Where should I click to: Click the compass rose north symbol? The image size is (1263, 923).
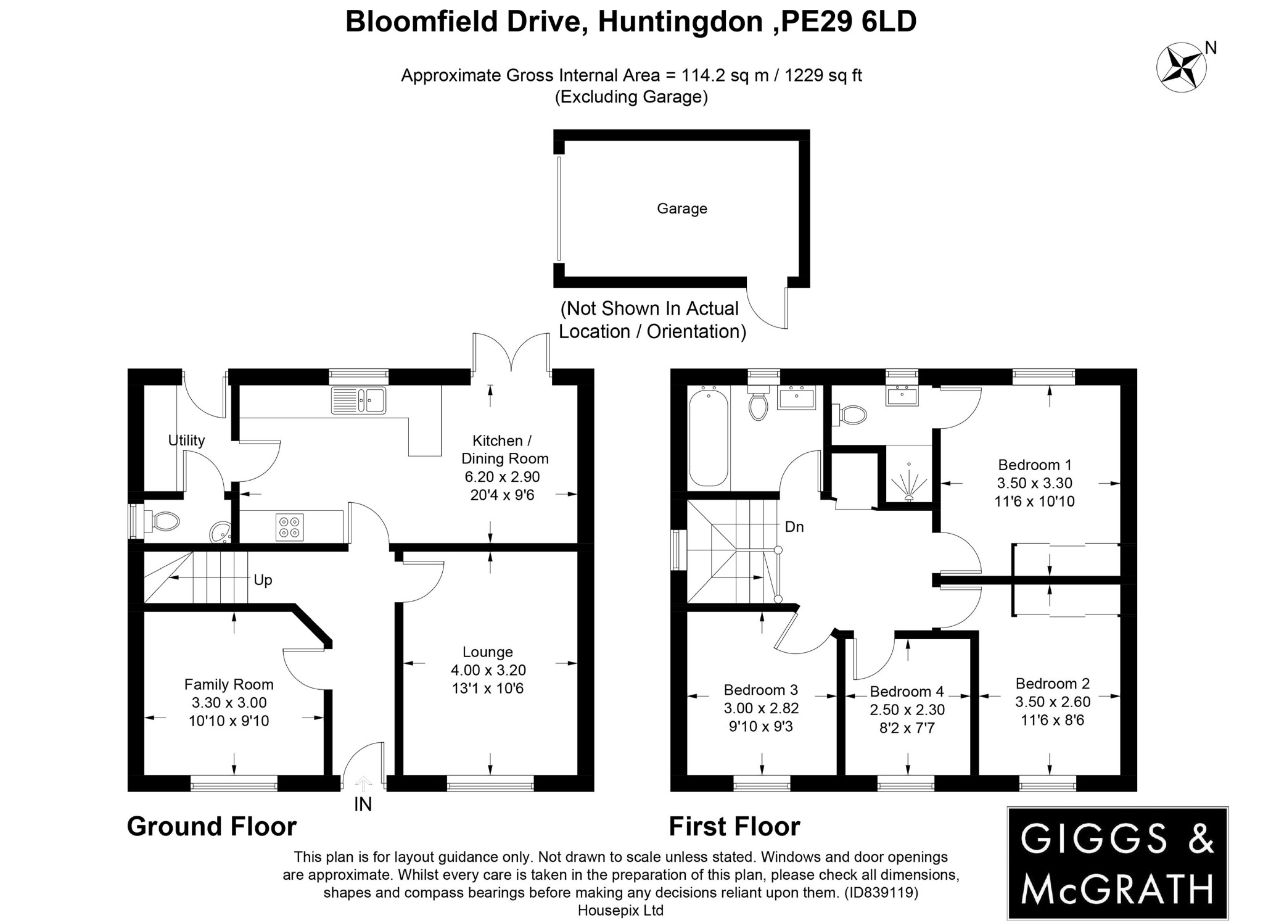pyautogui.click(x=1181, y=67)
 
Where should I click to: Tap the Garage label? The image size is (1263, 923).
pyautogui.click(x=681, y=209)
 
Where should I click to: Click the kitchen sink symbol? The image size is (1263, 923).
pyautogui.click(x=358, y=400)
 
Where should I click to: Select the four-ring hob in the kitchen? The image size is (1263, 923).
pyautogui.click(x=290, y=527)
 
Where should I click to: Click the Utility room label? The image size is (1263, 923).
pyautogui.click(x=186, y=441)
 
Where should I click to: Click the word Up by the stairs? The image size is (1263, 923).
pyautogui.click(x=263, y=580)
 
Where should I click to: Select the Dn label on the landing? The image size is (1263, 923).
pyautogui.click(x=794, y=527)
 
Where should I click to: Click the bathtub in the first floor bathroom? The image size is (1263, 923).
pyautogui.click(x=709, y=436)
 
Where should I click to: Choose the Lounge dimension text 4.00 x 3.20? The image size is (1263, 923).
pyautogui.click(x=488, y=670)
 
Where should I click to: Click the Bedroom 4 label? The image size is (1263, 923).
pyautogui.click(x=907, y=692)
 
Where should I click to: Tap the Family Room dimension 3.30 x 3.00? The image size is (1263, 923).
pyautogui.click(x=229, y=703)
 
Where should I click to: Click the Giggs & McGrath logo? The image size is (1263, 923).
pyautogui.click(x=1117, y=862)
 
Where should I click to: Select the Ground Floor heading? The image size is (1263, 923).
pyautogui.click(x=212, y=827)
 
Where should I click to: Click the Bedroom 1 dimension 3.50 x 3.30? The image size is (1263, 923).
pyautogui.click(x=1034, y=483)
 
